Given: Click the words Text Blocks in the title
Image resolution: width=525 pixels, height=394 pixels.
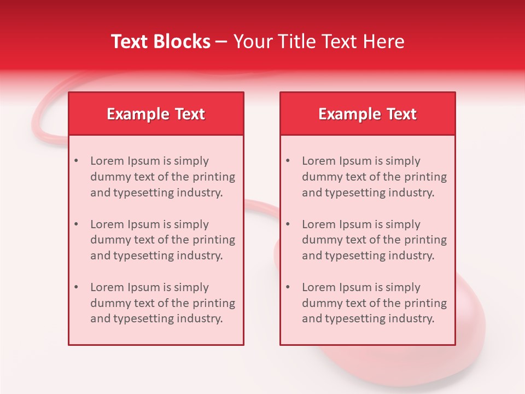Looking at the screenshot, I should point(160,42).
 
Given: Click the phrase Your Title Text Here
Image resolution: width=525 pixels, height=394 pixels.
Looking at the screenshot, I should point(319,42).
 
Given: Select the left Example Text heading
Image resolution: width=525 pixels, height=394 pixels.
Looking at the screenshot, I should point(156,114).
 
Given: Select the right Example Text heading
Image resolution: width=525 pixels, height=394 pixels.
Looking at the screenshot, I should point(367,114).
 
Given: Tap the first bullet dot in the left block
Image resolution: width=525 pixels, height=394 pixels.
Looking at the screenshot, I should point(77,161).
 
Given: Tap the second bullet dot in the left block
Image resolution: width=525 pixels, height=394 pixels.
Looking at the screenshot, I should point(77,224).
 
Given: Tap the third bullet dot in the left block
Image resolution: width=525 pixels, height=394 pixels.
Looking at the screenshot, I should point(77,287).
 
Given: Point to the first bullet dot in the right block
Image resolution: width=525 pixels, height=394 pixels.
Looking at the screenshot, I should point(288,161).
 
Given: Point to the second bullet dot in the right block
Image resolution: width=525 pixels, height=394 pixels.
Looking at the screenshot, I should point(288,224).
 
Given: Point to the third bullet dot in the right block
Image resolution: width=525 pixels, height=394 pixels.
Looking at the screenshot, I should point(288,287).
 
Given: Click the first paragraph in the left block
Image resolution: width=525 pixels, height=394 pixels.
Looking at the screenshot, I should point(162,177).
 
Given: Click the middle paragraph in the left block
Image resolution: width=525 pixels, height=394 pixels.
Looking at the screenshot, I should point(162,240).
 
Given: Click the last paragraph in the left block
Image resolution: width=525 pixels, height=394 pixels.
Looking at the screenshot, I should point(162,303).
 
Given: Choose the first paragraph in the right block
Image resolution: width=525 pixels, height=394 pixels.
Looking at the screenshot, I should point(374,177).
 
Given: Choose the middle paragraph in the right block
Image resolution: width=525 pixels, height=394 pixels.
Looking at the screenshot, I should point(374,240).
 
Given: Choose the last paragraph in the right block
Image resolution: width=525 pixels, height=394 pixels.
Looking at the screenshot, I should point(374,303).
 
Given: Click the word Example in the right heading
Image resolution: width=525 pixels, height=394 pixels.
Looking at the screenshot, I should point(344,114).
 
